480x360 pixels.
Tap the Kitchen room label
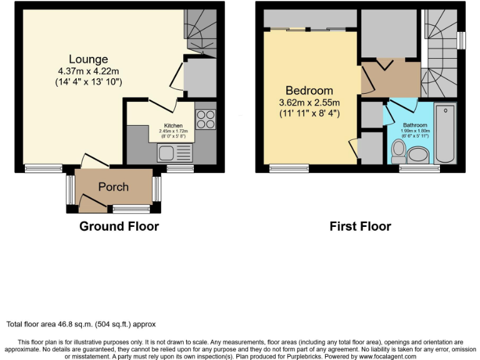point(173,125)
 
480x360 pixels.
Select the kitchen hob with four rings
point(206,119)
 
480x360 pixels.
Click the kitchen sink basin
point(167,152)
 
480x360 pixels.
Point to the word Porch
point(113,187)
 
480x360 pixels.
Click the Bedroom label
point(309,91)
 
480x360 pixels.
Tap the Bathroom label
point(415,124)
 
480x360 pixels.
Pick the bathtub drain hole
point(445,111)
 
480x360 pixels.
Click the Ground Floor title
point(119,226)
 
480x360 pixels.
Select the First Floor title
point(360,226)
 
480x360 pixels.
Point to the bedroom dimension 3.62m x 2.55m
point(309,102)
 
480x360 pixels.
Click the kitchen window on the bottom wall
point(180,168)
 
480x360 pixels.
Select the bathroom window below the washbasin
point(419,168)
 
